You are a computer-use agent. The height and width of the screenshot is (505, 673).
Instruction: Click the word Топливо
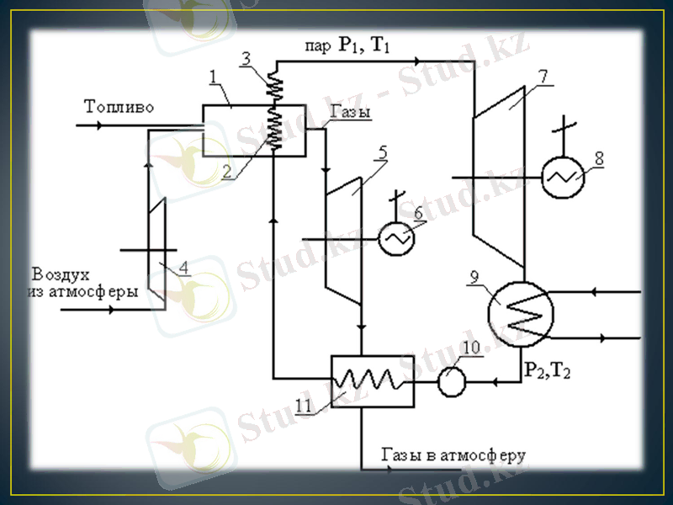119,107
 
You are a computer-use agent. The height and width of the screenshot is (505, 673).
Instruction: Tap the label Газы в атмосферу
453,455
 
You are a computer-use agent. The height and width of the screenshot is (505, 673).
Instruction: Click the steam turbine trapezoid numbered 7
496,177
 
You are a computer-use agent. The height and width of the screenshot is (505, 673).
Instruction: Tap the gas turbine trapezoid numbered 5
346,239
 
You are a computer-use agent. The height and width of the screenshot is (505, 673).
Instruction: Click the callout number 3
246,57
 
